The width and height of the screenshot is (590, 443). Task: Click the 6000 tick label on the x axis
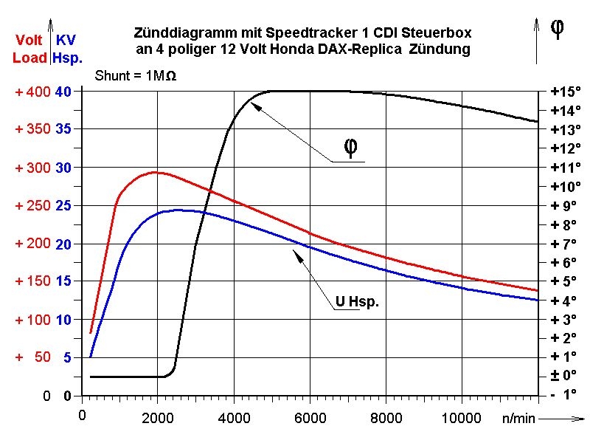(310, 419)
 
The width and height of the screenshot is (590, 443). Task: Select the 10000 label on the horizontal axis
(461, 419)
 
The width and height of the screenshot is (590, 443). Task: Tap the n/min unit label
(518, 419)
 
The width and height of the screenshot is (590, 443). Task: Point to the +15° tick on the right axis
(566, 92)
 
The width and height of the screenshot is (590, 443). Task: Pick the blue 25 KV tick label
(63, 206)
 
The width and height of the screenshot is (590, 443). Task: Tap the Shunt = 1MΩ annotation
(136, 76)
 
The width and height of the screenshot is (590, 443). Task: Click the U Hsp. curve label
(357, 301)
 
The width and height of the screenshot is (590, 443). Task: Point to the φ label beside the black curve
(352, 148)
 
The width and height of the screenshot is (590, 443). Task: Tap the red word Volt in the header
(29, 40)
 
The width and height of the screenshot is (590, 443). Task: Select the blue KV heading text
(66, 40)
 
